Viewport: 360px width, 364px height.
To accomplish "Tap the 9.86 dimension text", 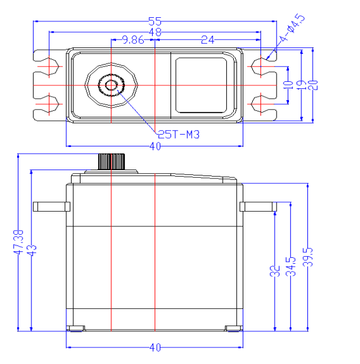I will coord(133,40).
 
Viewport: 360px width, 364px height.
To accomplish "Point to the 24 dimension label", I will coord(207,40).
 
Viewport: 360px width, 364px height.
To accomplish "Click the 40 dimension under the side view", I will coord(155,347).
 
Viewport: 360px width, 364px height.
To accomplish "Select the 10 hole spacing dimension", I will coord(287,84).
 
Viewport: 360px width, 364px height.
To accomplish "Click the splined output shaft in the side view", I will coord(111,161).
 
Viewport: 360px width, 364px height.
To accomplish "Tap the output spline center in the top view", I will coord(111,85).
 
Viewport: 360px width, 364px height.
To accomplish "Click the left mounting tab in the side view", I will coord(50,206).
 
